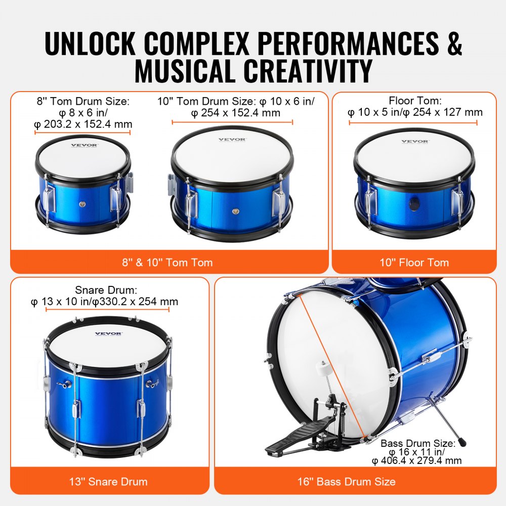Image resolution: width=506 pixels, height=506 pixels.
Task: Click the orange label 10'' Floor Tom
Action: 414,262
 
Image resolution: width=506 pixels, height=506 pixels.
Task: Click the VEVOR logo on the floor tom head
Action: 415,142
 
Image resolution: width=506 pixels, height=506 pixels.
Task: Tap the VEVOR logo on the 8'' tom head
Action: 84,145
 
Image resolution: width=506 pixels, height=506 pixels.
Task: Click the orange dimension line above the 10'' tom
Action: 232,122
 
